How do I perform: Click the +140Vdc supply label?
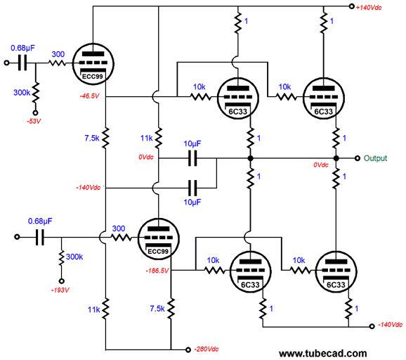[x=369, y=8]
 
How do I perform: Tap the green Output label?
[x=376, y=158]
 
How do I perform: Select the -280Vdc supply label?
[x=207, y=349]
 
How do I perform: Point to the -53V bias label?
[x=34, y=122]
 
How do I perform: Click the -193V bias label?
[x=60, y=290]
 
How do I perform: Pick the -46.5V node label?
[x=89, y=96]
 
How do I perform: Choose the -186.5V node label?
[x=157, y=271]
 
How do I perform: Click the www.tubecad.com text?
[x=323, y=353]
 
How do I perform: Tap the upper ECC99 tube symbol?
[x=93, y=64]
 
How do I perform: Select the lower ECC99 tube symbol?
[x=158, y=238]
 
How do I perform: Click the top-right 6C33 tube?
[x=323, y=98]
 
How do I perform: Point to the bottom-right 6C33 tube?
[x=336, y=271]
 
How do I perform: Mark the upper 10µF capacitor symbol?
[x=192, y=158]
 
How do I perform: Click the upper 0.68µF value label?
[x=22, y=48]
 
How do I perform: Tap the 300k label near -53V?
[x=22, y=93]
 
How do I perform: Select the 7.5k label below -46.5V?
[x=92, y=138]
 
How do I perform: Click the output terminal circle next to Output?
[x=358, y=158]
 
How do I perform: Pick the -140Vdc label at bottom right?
[x=391, y=325]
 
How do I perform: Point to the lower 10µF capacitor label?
[x=192, y=202]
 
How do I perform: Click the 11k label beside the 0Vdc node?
[x=147, y=138]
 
